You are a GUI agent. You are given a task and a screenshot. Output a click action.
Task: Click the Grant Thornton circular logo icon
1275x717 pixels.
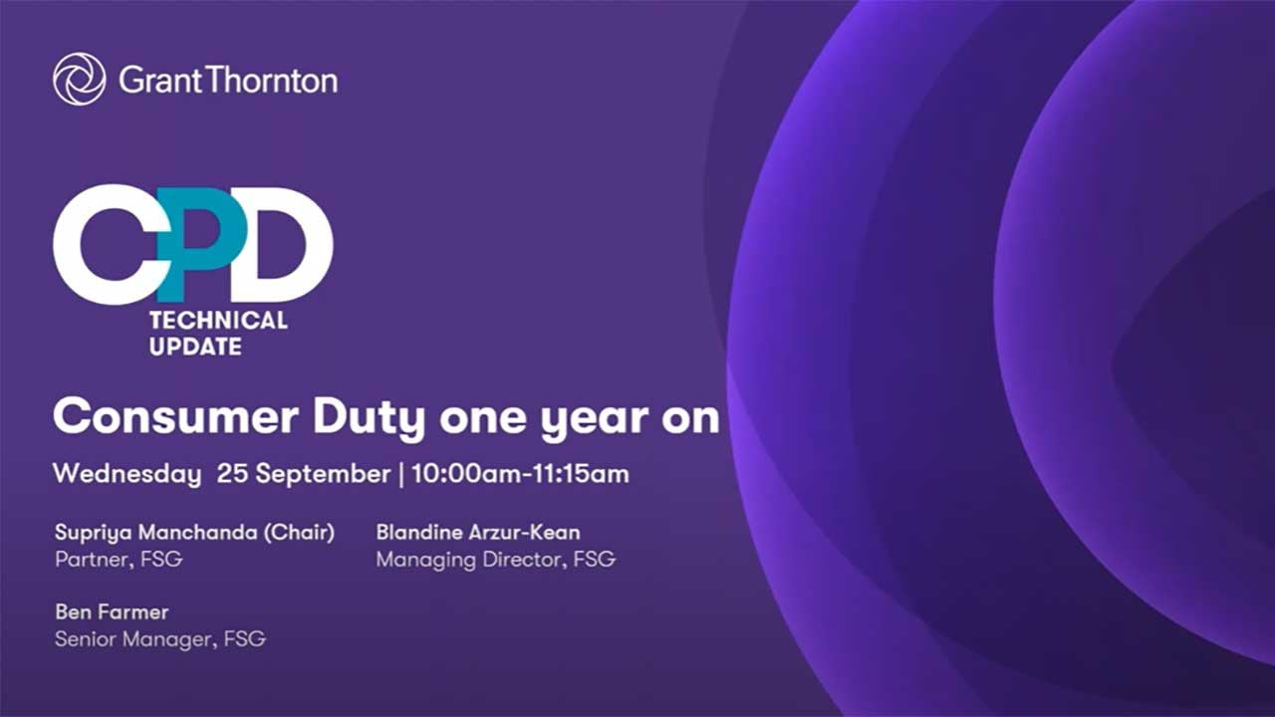79,79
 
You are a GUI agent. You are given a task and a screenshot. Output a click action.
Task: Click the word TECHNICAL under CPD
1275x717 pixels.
218,321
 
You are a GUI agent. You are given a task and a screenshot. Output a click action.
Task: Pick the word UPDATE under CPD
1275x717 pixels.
195,347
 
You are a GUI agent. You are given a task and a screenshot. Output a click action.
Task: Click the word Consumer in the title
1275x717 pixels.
175,417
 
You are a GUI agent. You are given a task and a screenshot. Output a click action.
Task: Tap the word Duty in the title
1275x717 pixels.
369,420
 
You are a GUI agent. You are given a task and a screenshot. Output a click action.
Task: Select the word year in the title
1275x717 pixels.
594,421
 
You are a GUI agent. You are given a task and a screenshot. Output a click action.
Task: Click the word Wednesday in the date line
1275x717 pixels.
127,474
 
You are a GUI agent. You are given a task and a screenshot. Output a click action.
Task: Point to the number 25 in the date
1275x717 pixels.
232,473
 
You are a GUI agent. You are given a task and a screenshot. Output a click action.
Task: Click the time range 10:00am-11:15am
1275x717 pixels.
520,473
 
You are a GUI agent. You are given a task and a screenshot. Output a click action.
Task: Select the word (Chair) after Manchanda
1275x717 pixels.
300,533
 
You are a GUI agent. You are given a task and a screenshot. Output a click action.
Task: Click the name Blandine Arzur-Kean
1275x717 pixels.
478,533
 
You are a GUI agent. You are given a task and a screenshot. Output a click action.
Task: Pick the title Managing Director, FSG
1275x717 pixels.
496,560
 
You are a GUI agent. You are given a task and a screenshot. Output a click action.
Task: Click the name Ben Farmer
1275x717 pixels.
112,612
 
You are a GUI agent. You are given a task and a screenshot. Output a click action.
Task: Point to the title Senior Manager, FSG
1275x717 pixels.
160,639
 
